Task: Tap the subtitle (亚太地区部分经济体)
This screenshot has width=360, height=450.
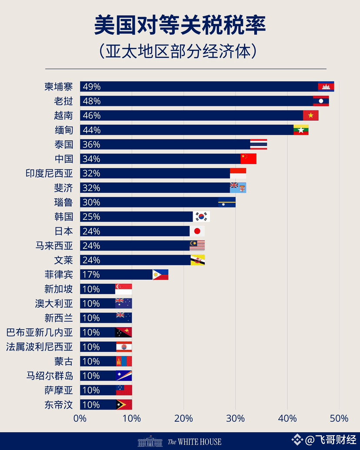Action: [x=180, y=51]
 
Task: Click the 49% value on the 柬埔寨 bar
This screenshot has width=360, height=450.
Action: [x=91, y=87]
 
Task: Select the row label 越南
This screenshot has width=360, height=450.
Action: [x=64, y=115]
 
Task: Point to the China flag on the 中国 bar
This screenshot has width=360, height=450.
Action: [x=248, y=159]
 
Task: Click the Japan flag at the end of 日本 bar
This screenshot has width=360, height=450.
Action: [x=197, y=231]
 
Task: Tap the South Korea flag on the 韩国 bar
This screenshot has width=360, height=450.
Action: [x=201, y=217]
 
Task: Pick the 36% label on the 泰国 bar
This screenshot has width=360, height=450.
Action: [x=91, y=144]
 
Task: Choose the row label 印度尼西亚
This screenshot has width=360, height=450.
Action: [x=49, y=173]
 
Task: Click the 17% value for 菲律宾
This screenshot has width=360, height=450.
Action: [x=91, y=274]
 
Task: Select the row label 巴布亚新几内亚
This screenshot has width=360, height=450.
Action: [x=40, y=332]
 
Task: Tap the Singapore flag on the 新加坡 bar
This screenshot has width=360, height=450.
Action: [x=123, y=289]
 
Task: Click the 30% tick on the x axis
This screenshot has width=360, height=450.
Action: [x=235, y=418]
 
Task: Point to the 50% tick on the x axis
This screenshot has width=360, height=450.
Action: [x=339, y=418]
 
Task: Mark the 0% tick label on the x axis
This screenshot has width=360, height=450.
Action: [x=80, y=418]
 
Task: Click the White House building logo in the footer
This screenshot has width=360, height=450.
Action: [x=150, y=441]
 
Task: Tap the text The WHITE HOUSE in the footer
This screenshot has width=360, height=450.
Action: [x=194, y=441]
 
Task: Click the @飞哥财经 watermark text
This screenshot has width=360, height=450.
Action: [x=330, y=440]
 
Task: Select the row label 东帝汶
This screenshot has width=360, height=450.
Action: [x=58, y=404]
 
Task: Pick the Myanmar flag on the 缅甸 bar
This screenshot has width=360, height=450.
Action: [x=301, y=130]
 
